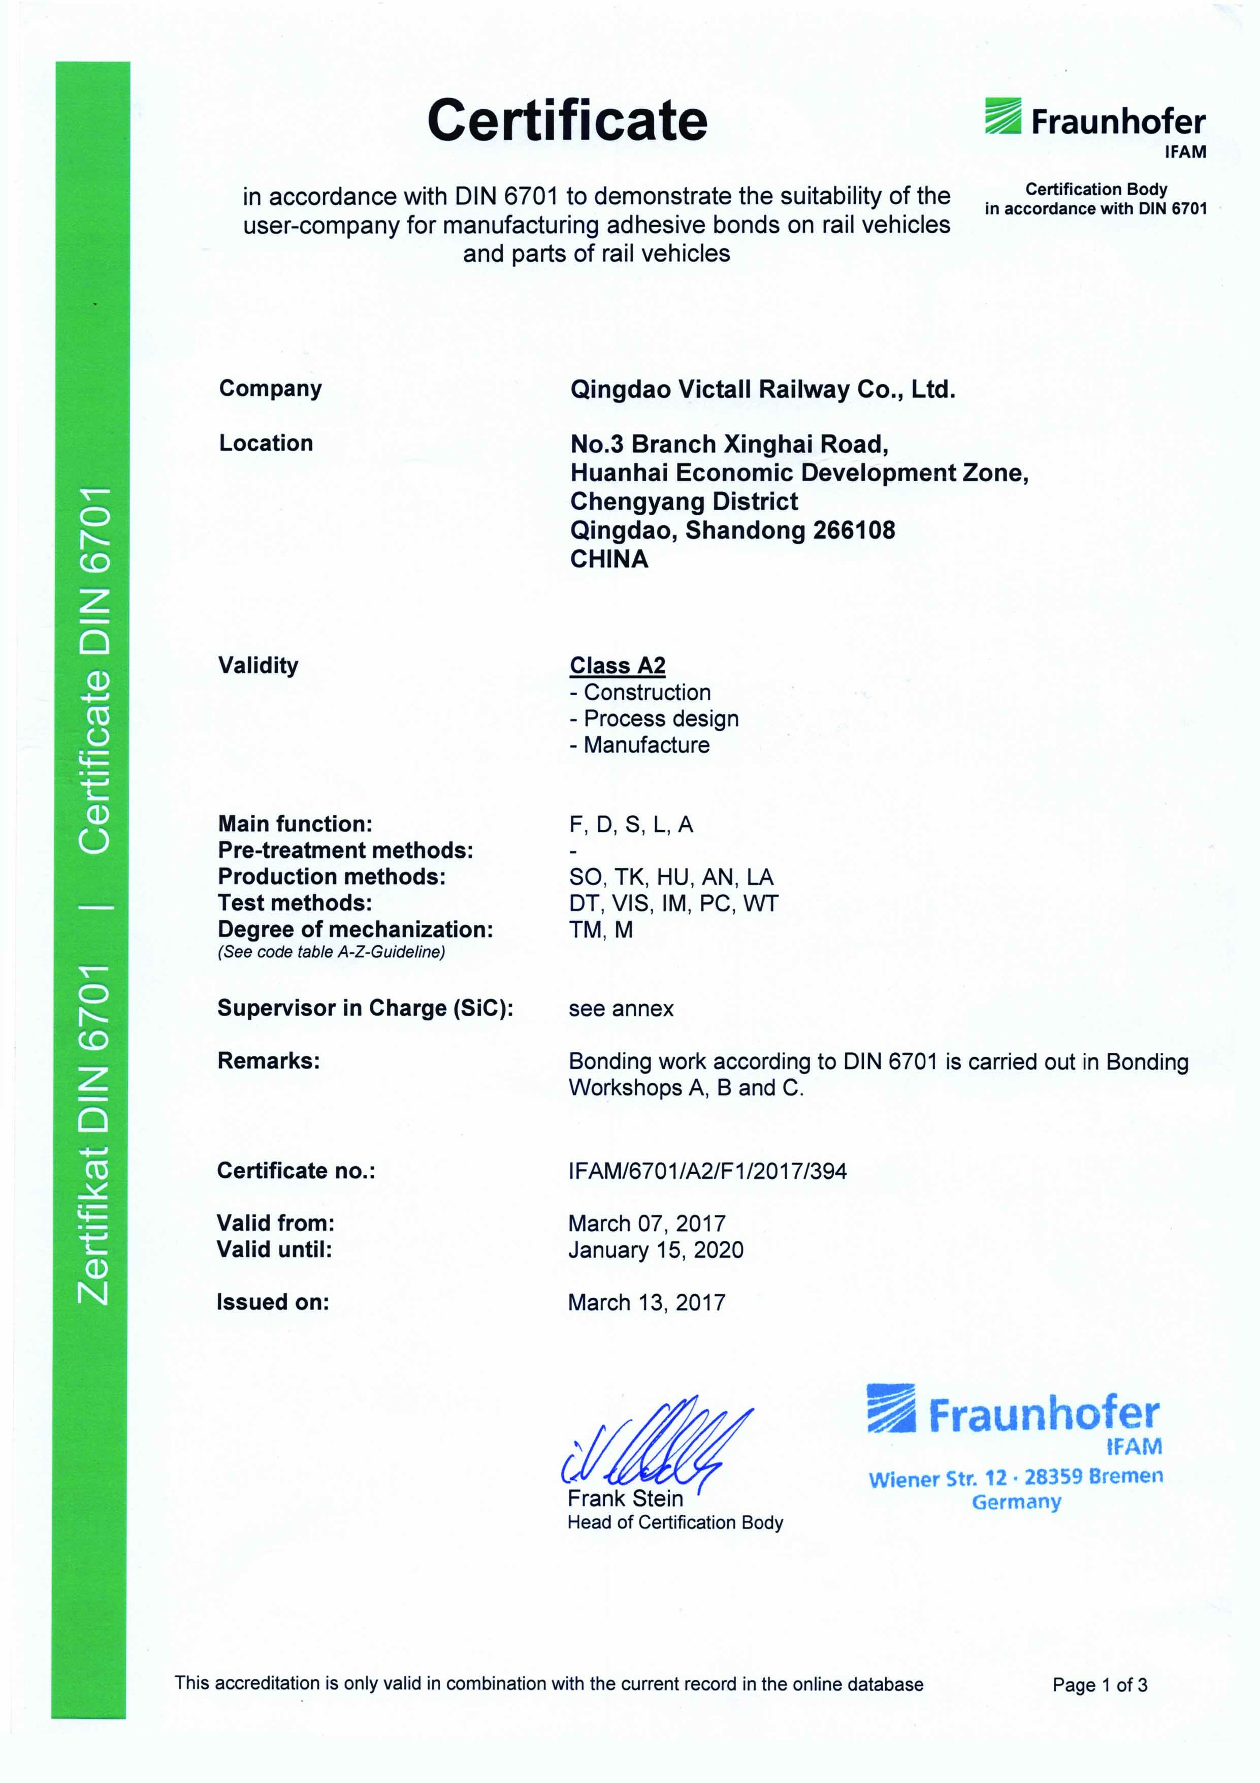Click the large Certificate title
567,120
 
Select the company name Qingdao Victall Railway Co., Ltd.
762,389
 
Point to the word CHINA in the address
608,559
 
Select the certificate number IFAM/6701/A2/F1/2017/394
707,1171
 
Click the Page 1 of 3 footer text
1100,1684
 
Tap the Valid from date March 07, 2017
646,1224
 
